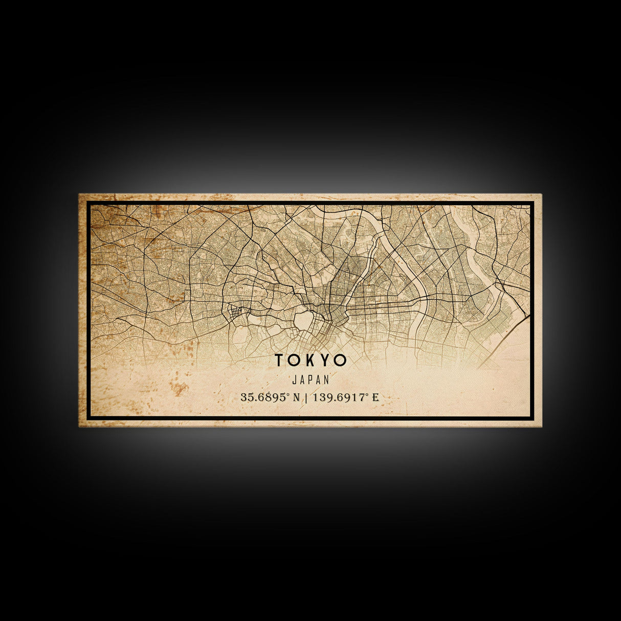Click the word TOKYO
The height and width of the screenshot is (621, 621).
point(310,360)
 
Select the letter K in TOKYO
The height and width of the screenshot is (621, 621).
point(312,360)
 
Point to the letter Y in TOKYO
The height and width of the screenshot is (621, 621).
point(326,360)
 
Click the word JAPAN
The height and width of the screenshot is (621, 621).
point(310,380)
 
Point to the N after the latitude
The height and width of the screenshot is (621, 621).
point(296,397)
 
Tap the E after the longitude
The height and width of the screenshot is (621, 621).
point(376,397)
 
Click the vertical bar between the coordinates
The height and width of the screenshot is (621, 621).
point(305,397)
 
